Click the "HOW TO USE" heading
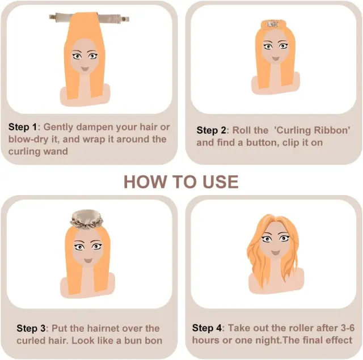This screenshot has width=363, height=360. pos(181,182)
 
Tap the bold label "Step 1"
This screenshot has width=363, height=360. pos(23,127)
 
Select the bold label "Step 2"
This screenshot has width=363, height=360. pos(211,130)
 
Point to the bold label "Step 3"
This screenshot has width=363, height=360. pos(31,328)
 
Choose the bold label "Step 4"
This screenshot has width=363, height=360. pos(206,328)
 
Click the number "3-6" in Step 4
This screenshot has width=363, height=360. pos(347,328)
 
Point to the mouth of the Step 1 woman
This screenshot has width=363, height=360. pos(85,69)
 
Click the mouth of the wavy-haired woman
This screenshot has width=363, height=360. pos(275,252)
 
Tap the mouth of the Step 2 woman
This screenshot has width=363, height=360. pos(275,58)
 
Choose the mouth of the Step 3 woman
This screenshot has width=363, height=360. pos(88,261)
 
